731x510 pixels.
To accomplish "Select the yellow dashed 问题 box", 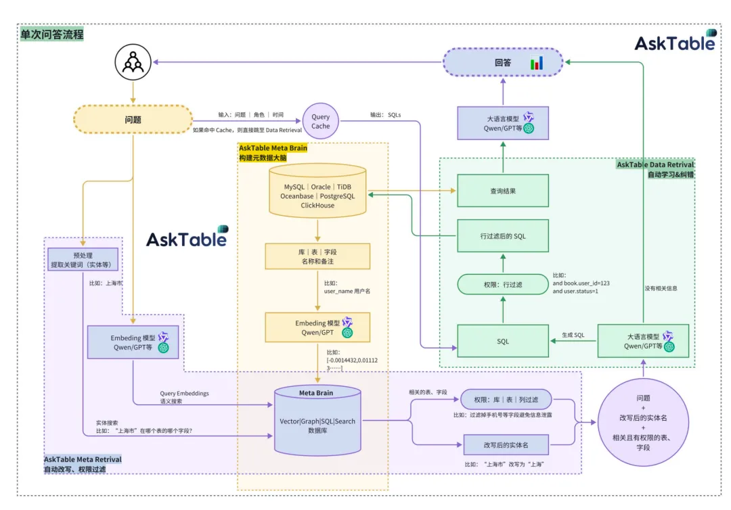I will (132, 119).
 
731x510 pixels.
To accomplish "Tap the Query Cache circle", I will (321, 121).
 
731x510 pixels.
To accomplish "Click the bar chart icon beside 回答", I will (537, 63).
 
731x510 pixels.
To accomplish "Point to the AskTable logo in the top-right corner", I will (674, 42).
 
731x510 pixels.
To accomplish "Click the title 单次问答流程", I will (52, 34).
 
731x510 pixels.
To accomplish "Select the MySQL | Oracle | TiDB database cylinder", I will (317, 191).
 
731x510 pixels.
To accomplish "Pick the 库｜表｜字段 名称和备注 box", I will (317, 256).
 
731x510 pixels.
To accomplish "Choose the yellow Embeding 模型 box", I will (317, 327).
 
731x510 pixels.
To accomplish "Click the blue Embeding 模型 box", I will (133, 342).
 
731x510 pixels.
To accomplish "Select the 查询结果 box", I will (502, 191).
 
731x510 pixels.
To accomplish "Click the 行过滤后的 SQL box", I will (502, 236).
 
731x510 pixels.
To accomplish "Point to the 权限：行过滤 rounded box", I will (502, 285).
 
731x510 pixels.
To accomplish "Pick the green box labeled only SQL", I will (502, 341).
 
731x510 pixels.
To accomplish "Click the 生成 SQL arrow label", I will (573, 334).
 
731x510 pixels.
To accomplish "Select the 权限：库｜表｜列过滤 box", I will (506, 399).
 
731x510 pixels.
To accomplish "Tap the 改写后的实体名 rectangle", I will (506, 444).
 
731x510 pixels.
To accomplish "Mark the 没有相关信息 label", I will (661, 287).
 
